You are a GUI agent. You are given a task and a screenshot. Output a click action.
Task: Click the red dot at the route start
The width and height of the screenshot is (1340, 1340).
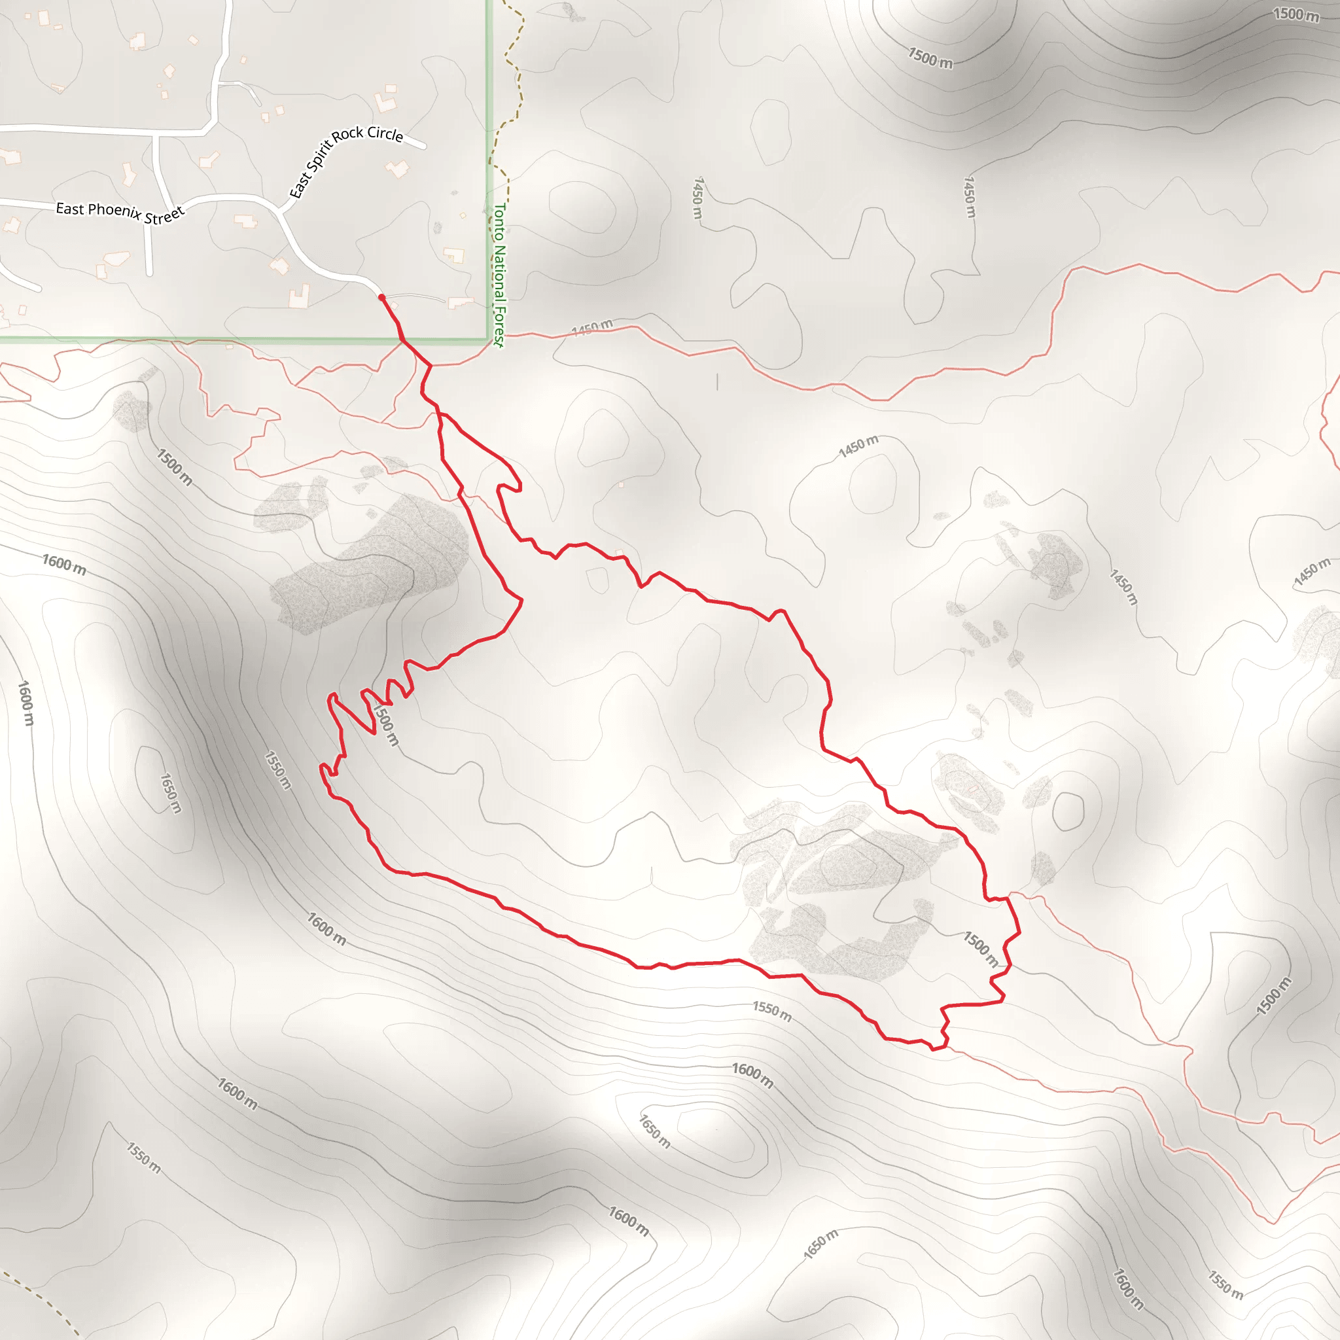pos(381,297)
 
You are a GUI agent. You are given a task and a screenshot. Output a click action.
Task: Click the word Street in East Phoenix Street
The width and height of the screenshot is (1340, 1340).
pos(164,216)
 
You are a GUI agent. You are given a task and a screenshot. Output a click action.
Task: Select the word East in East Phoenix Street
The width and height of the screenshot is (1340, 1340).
pos(70,207)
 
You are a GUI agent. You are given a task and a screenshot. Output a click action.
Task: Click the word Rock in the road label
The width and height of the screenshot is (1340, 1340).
pos(348,134)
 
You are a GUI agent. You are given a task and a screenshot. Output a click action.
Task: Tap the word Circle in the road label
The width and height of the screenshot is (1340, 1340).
pos(385,133)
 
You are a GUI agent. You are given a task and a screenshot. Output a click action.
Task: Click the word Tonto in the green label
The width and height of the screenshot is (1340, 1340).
pos(498,222)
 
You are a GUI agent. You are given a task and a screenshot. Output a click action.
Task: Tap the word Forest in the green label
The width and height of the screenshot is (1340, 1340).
pos(499,326)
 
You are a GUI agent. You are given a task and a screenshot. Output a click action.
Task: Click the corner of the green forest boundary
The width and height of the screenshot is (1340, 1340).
pos(488,339)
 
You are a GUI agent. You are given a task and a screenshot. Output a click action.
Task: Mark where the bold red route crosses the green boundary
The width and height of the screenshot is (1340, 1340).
pos(402,340)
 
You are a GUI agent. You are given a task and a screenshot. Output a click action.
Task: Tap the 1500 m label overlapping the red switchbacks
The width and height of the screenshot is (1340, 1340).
pos(385,724)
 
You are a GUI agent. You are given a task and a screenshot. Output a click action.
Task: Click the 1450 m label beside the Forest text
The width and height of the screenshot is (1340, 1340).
pos(591,327)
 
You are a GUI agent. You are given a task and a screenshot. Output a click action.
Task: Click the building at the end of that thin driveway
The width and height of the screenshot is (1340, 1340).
pos(460,302)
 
